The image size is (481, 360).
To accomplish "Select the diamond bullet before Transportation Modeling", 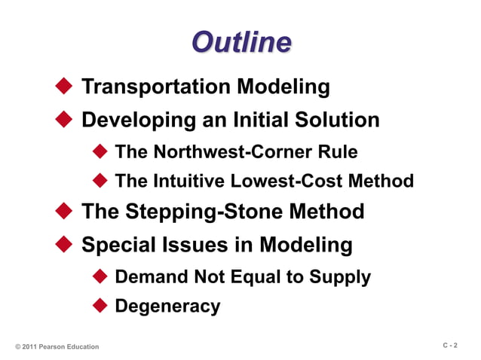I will [64, 86].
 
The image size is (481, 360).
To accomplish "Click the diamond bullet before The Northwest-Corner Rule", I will [100, 152].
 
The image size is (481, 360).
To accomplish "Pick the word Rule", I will [336, 152].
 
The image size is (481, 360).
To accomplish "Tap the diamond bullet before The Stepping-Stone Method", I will [64, 212].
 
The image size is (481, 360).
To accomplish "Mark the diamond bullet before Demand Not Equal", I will [100, 276].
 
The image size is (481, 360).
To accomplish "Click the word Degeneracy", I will [167, 307].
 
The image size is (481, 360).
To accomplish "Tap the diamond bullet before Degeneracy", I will [100, 306].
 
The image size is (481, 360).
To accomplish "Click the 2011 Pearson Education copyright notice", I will [57, 346].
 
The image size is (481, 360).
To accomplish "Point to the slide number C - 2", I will [449, 345].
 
